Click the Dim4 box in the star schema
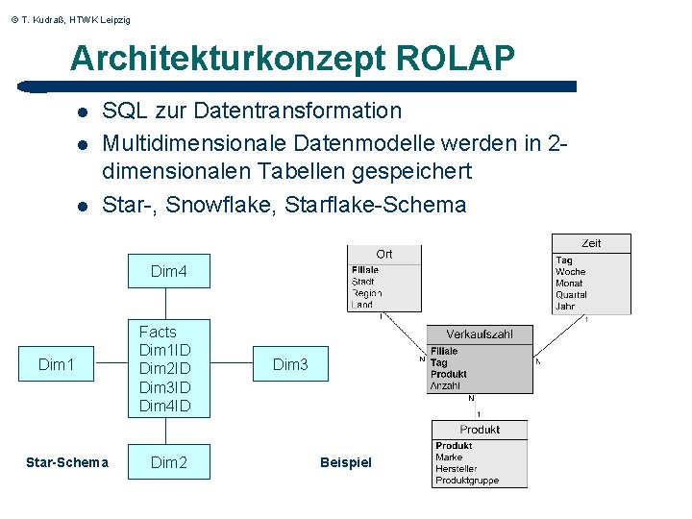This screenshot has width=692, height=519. pyautogui.click(x=168, y=272)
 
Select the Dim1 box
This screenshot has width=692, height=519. pyautogui.click(x=56, y=364)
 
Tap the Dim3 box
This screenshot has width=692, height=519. pyautogui.click(x=290, y=364)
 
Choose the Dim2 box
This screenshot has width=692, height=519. pyautogui.click(x=168, y=462)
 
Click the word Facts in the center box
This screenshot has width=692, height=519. pyautogui.click(x=158, y=332)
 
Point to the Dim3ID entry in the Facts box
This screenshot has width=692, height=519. pyautogui.click(x=165, y=387)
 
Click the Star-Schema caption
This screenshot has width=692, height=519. pyautogui.click(x=66, y=462)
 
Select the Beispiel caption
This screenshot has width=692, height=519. pyautogui.click(x=345, y=462)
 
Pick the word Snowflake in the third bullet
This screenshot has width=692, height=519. pyautogui.click(x=222, y=205)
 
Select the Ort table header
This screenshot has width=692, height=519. pyautogui.click(x=384, y=254)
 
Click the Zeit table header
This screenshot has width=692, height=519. pyautogui.click(x=591, y=243)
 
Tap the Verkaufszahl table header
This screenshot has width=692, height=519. pyautogui.click(x=480, y=334)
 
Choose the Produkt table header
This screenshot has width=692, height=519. pyautogui.click(x=480, y=430)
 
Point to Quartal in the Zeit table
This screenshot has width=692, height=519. pyautogui.click(x=571, y=295)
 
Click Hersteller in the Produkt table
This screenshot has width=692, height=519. pyautogui.click(x=457, y=469)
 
